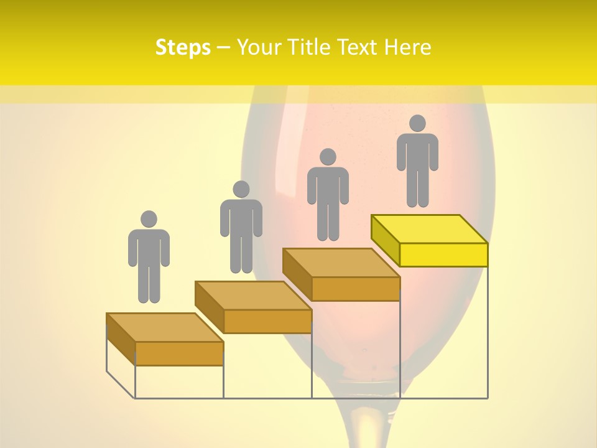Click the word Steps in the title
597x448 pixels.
point(183,47)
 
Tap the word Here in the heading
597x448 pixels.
point(407,47)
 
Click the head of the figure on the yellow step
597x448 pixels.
point(417,123)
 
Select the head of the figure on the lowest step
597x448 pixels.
point(149,219)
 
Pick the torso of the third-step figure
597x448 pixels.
point(328,187)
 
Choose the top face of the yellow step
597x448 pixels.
point(429,229)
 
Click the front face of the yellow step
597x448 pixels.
point(443,254)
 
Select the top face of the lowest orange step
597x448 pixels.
point(165,327)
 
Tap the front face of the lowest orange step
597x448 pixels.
point(179,353)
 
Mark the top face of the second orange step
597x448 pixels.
point(253,295)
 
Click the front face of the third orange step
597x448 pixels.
point(355,289)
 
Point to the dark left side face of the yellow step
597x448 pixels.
point(385,240)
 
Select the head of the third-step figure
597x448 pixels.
point(328,157)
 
